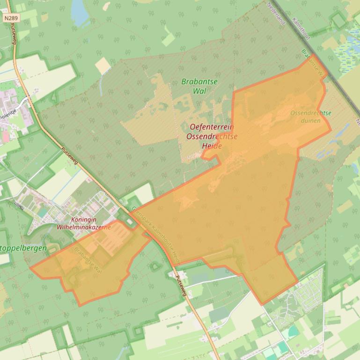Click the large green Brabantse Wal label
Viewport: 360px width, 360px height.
pos(199,86)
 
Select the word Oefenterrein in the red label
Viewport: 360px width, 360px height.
pos(212,127)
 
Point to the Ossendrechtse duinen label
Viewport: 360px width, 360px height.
pos(310,117)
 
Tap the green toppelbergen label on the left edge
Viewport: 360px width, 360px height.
pos(23,248)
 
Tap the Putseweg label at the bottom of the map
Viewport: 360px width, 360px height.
pos(181,285)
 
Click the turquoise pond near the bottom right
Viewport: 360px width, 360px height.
pos(294,332)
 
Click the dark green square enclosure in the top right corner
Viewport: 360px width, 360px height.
pos(338,20)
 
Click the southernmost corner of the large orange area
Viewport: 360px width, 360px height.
pos(263,304)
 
